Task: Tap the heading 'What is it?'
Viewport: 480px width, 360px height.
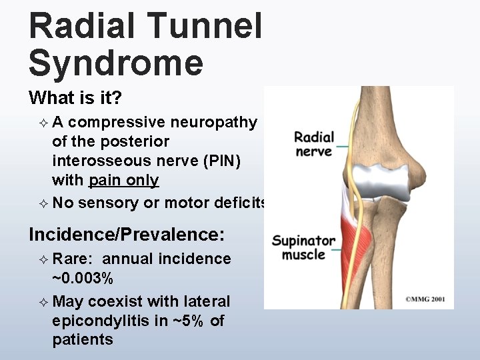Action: tap(75, 99)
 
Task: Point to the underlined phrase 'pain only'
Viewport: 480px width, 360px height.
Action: tap(124, 180)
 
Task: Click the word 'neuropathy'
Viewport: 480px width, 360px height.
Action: tap(213, 122)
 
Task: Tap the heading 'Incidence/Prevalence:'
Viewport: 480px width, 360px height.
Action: tap(127, 234)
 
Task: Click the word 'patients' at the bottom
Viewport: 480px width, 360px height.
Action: tap(83, 340)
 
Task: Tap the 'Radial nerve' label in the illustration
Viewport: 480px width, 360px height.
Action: tap(313, 145)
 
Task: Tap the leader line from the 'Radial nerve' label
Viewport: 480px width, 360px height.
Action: tap(344, 145)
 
